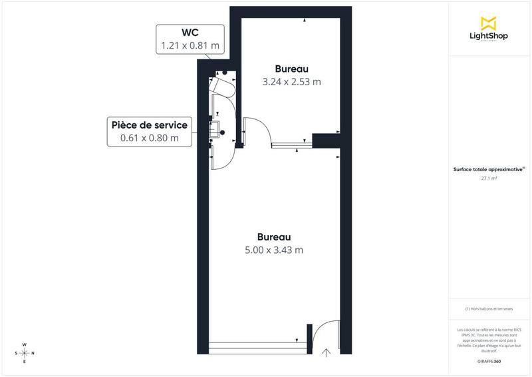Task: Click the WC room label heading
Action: pyautogui.click(x=190, y=33)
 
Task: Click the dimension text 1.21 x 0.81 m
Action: pyautogui.click(x=190, y=46)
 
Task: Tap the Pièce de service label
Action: pyautogui.click(x=149, y=125)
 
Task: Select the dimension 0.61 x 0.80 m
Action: pyautogui.click(x=149, y=138)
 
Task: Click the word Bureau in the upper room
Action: pyautogui.click(x=292, y=69)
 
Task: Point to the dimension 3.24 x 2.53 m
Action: pyautogui.click(x=292, y=83)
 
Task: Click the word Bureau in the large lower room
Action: pyautogui.click(x=274, y=236)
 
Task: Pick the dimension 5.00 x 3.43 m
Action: pyautogui.click(x=274, y=250)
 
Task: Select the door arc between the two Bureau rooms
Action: pyautogui.click(x=257, y=131)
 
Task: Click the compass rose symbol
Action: pyautogui.click(x=25, y=353)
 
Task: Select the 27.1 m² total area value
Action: pyautogui.click(x=489, y=179)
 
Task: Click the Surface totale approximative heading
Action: pyautogui.click(x=489, y=170)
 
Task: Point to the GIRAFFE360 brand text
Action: pyautogui.click(x=489, y=360)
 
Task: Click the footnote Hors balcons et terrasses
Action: pyautogui.click(x=489, y=309)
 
